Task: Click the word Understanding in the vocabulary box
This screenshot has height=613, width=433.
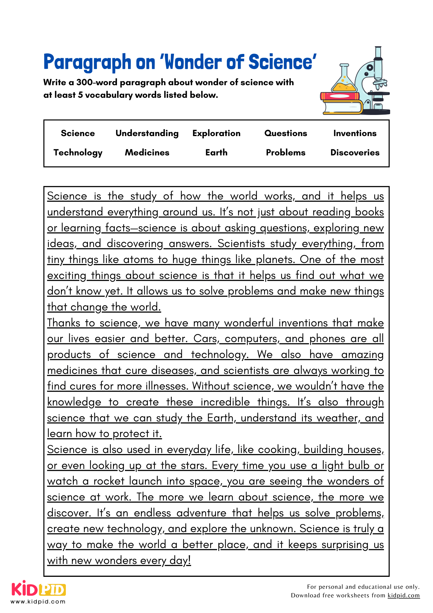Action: pos(147,133)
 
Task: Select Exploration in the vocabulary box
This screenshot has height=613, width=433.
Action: pos(216,133)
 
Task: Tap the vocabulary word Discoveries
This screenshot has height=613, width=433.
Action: pos(355,153)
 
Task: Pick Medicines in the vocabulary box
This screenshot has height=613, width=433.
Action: pos(147,153)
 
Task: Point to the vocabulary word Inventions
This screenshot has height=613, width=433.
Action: pos(355,133)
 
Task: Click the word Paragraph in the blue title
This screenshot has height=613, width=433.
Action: pos(87,62)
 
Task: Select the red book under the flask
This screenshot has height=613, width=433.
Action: pos(340,96)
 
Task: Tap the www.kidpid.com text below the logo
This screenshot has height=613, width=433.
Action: pos(38,602)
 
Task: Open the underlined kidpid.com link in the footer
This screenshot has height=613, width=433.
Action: pos(403,596)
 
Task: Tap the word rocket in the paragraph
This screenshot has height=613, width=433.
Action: pos(109,481)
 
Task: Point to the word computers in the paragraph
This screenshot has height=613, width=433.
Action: pos(251,339)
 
